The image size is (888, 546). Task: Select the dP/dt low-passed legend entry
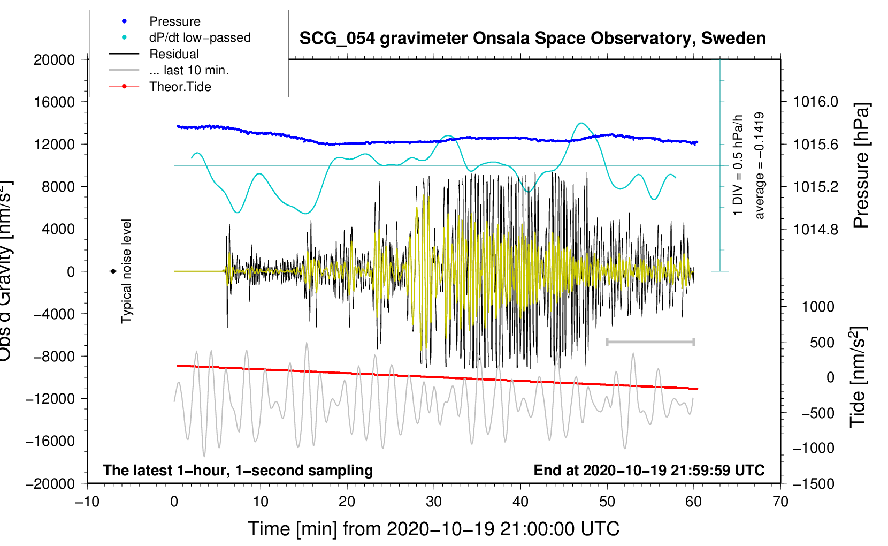(x=200, y=38)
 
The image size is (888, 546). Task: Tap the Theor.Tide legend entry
(x=180, y=87)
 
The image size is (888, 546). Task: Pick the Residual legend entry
(x=174, y=54)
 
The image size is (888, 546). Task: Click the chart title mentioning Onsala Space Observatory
(x=532, y=39)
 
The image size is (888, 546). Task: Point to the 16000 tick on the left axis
(x=55, y=102)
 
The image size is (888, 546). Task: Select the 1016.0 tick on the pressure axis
(x=815, y=102)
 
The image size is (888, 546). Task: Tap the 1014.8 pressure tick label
(x=815, y=230)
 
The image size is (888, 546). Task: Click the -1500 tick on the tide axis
(x=813, y=484)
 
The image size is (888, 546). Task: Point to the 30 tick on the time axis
(x=434, y=502)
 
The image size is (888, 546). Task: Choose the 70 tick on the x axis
(x=780, y=502)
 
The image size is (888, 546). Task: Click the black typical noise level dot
(x=113, y=271)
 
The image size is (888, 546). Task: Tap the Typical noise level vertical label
(x=126, y=271)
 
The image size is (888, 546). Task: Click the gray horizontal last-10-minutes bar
(x=650, y=342)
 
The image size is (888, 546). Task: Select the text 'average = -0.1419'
(x=760, y=165)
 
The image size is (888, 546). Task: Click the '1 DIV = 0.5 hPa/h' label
(x=738, y=165)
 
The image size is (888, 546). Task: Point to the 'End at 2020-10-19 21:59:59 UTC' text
(x=649, y=471)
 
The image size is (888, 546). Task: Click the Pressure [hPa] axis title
(x=861, y=165)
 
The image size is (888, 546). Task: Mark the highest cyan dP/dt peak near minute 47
(x=581, y=123)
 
